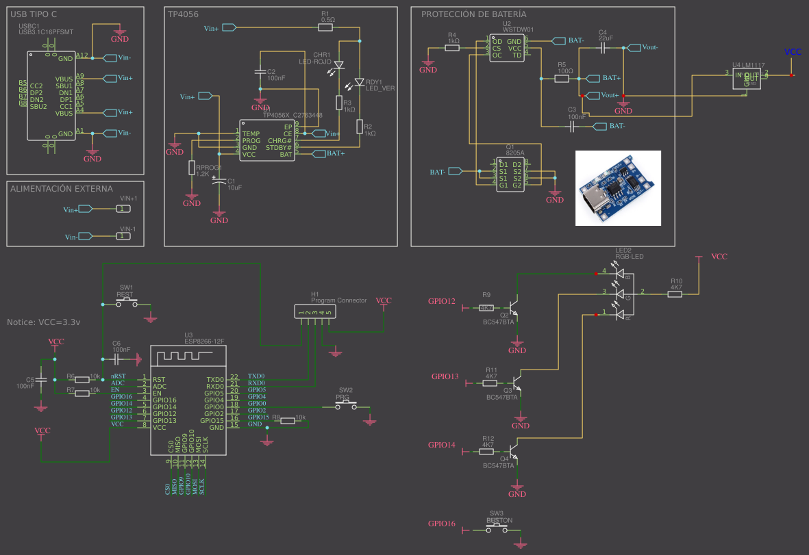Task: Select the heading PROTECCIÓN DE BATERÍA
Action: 473,14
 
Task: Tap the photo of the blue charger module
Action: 618,188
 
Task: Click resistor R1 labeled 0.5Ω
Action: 327,28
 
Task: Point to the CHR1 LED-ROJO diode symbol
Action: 338,66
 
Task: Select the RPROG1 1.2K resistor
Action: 192,168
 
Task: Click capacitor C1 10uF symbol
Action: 219,183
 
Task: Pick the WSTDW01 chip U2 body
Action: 507,48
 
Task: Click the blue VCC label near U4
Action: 792,52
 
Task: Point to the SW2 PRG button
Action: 345,406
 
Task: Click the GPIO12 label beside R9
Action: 441,301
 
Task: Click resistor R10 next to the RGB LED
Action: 675,294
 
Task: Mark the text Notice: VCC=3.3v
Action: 43,322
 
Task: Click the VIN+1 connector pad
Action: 122,209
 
